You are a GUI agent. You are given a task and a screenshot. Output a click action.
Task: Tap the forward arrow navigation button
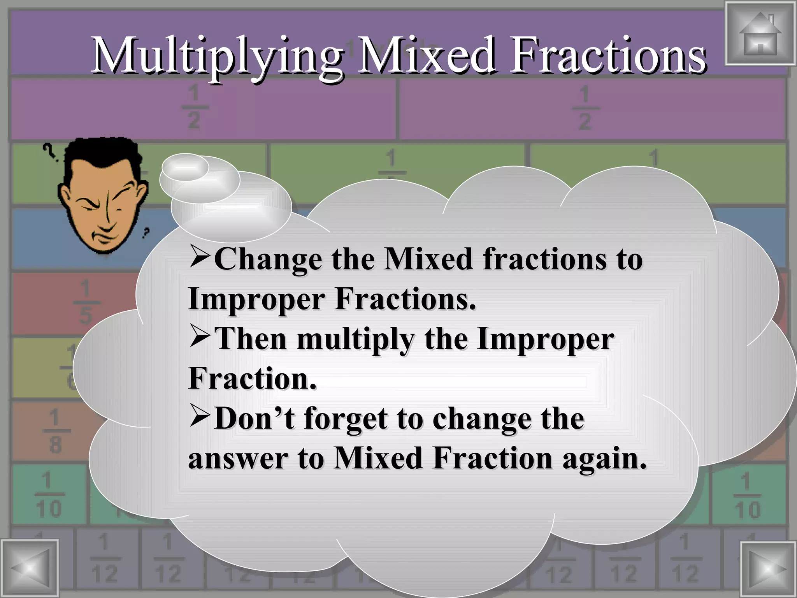(767, 569)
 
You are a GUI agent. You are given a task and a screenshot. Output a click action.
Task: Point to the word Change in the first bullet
(268, 259)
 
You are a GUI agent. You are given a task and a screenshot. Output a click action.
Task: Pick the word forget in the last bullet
(347, 420)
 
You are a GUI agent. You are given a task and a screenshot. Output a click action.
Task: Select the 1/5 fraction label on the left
(86, 303)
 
